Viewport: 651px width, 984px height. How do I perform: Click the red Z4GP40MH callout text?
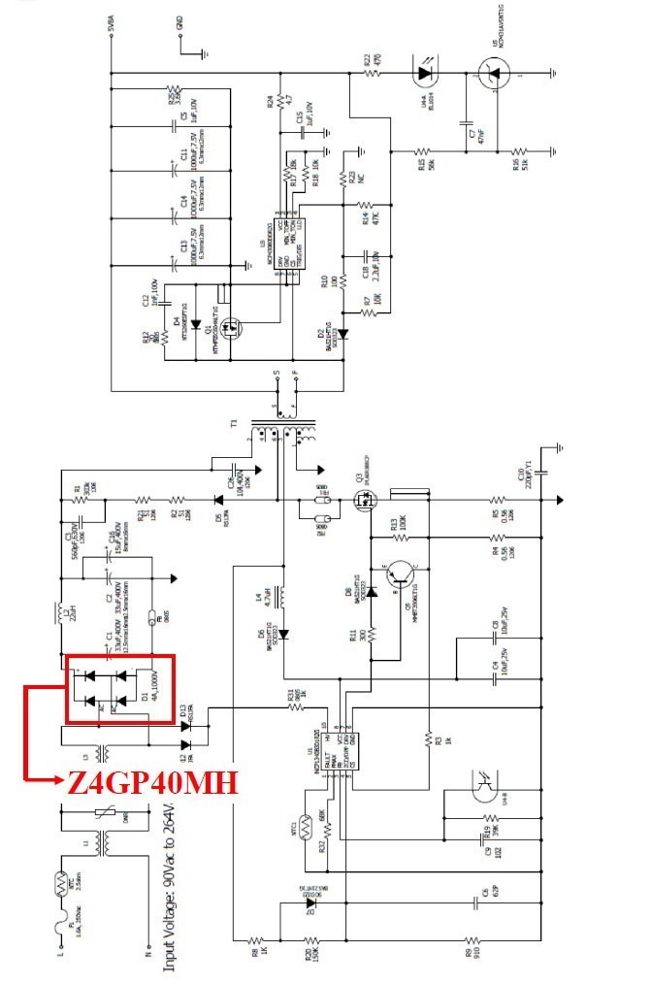click(x=151, y=782)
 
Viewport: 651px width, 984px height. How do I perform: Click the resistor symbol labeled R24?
click(x=279, y=100)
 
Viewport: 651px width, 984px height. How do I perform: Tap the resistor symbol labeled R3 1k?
click(x=426, y=740)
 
